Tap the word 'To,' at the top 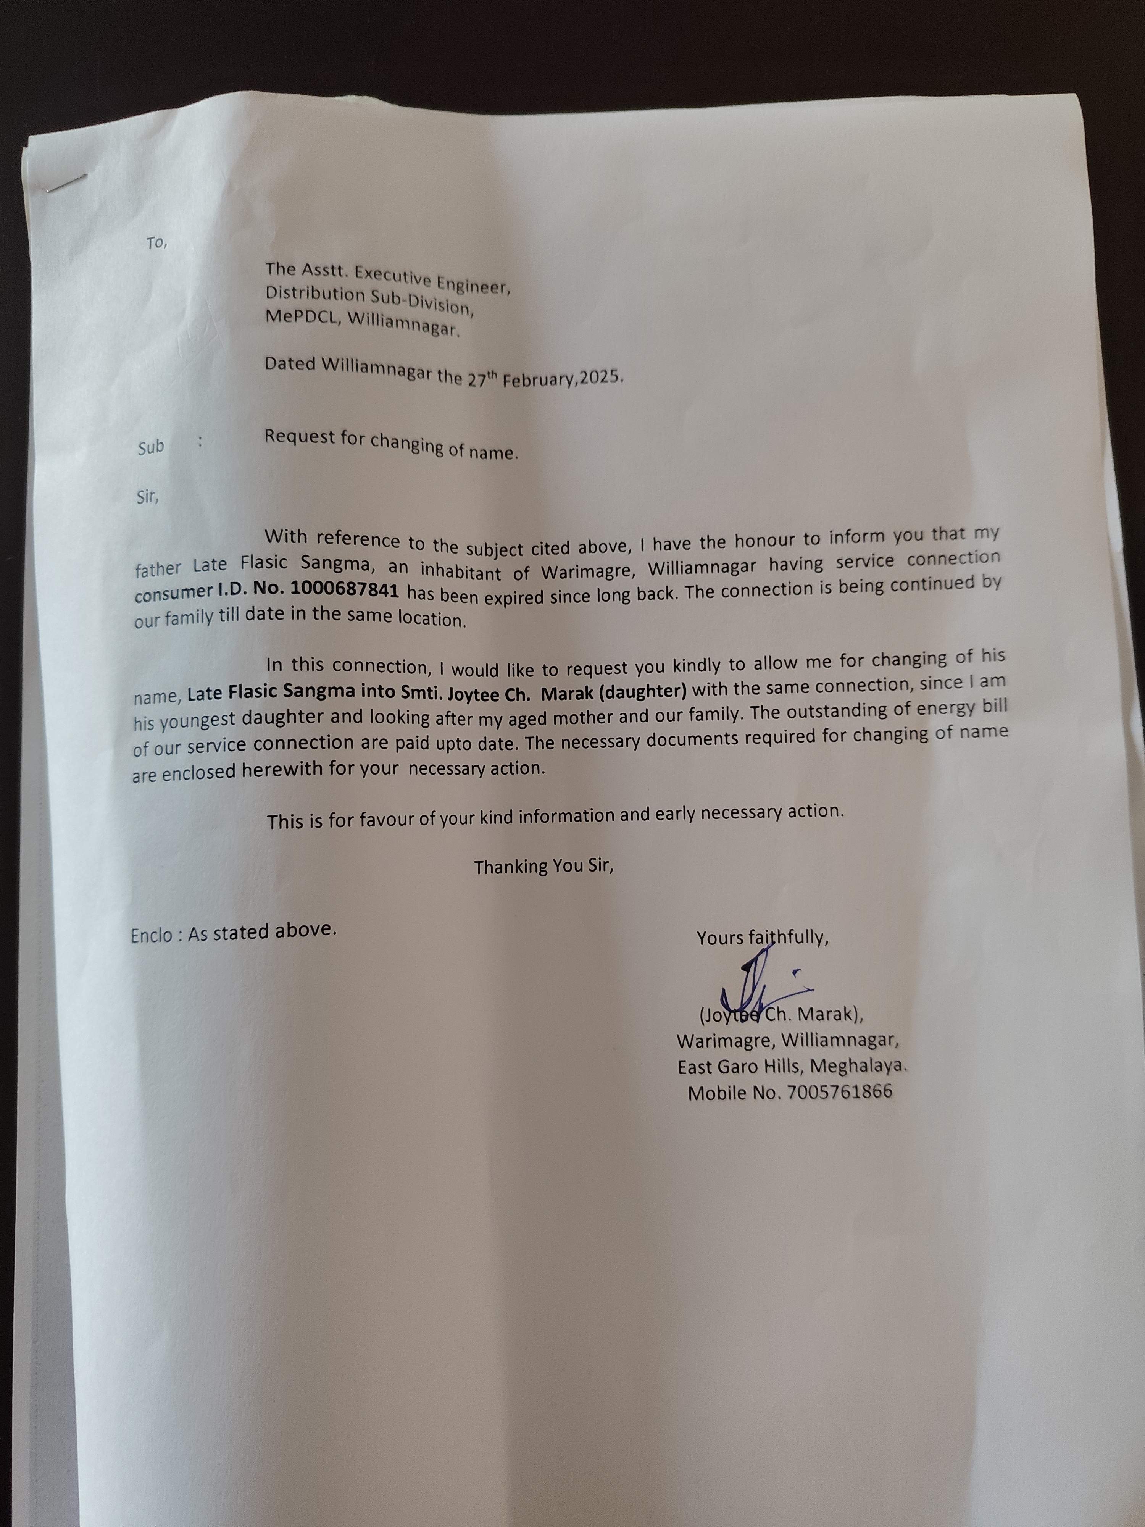[156, 242]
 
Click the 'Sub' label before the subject [150, 447]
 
